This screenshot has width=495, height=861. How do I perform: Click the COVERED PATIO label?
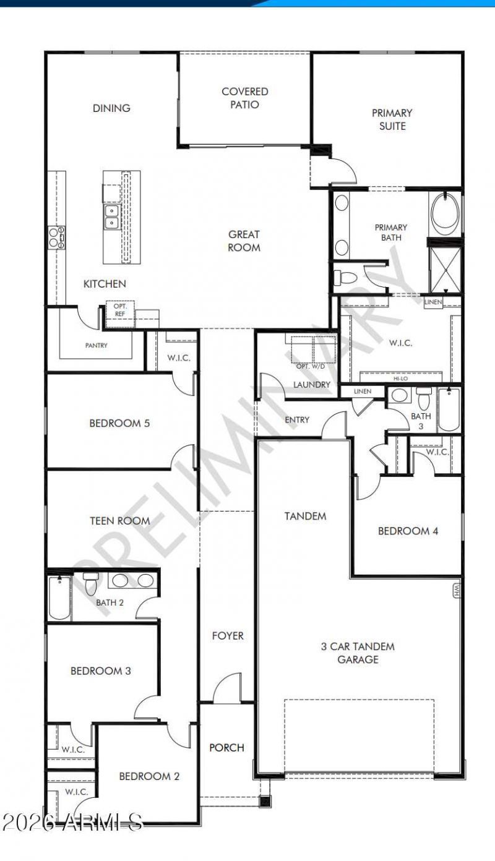244,98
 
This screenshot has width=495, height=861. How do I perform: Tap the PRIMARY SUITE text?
392,119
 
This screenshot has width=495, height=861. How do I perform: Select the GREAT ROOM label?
244,241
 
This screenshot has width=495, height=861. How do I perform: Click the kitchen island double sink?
111,216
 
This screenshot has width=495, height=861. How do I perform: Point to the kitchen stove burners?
56,237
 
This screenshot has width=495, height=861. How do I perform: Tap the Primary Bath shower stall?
445,270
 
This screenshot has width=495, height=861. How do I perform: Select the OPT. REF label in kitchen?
119,310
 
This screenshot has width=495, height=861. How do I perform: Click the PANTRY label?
96,346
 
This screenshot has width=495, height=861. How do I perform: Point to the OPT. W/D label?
311,366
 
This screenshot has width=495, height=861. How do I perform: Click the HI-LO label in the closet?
400,379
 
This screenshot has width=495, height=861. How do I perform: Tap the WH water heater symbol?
457,591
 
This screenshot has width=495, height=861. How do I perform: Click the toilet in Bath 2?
91,583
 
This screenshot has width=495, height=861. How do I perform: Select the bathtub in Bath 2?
60,598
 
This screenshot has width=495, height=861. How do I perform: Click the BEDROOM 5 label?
119,423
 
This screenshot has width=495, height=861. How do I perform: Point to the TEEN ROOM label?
119,521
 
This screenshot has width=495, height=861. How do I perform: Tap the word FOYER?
228,636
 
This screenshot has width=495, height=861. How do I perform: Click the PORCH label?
226,748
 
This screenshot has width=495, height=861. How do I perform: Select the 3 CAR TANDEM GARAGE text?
358,653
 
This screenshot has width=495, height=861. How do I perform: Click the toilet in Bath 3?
424,398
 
